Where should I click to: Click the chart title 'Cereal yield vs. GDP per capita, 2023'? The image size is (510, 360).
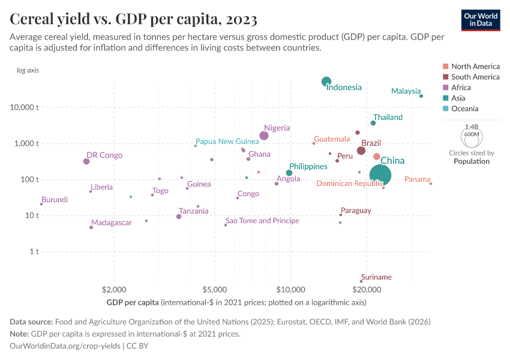[134, 19]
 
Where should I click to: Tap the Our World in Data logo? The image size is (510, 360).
[480, 20]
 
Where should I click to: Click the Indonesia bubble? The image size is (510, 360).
[326, 82]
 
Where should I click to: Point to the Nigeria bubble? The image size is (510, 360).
[264, 136]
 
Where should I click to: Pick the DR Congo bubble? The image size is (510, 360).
[86, 161]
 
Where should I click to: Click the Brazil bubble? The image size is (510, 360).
[361, 150]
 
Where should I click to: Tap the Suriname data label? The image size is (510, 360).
[376, 277]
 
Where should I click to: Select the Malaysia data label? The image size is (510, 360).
[406, 91]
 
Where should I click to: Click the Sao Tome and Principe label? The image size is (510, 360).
[262, 221]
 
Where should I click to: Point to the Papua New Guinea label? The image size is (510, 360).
[227, 141]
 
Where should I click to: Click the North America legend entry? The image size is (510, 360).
[475, 66]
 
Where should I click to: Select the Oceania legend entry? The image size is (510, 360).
[464, 109]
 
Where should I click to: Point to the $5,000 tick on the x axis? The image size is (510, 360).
[214, 289]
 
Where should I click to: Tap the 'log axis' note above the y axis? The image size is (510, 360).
[28, 70]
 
